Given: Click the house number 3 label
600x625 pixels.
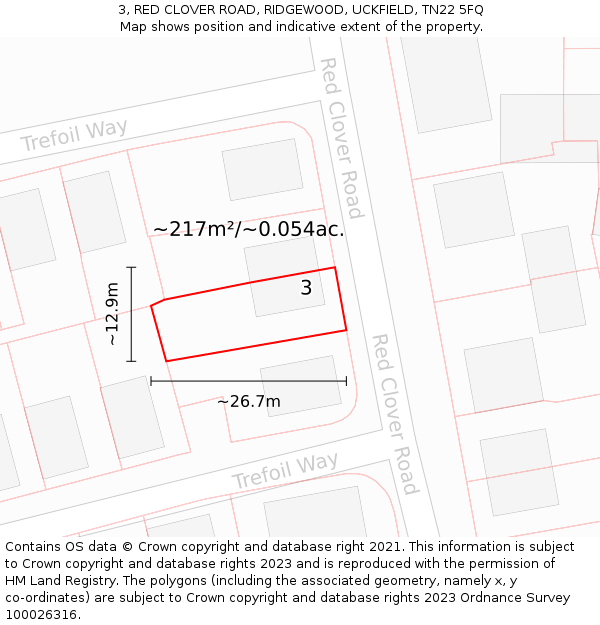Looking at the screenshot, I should (x=306, y=288).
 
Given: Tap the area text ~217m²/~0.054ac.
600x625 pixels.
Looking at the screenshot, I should (x=248, y=229).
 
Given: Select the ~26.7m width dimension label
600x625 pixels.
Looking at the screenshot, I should (x=249, y=402).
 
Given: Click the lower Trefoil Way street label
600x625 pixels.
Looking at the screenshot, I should (x=285, y=470).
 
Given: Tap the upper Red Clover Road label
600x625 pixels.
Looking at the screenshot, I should (x=341, y=137).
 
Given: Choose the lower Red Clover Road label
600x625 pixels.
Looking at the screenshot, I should (x=395, y=413).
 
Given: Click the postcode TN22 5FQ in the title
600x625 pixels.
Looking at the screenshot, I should (x=451, y=10).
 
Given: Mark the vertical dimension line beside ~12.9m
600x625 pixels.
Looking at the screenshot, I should (x=131, y=314).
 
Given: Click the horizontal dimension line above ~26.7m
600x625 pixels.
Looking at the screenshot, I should (x=248, y=381).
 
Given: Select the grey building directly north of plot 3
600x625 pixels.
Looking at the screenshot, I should (x=262, y=169).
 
